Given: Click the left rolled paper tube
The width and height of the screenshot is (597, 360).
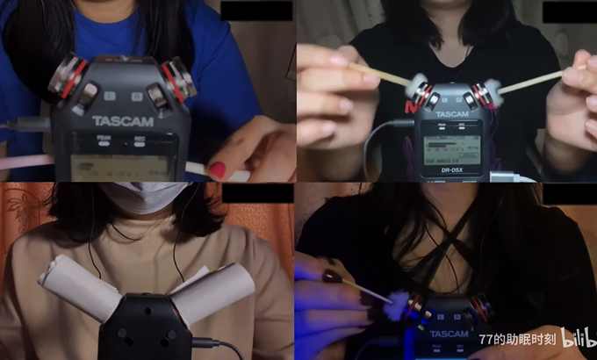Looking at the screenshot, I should [x=79, y=287].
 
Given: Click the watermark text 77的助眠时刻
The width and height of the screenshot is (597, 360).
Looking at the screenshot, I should [x=518, y=339].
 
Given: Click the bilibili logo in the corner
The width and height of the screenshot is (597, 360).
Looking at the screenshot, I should [x=578, y=338].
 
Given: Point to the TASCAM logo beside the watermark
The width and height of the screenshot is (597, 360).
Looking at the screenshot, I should [x=449, y=334].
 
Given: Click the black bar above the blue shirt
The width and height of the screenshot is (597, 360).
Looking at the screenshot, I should [x=256, y=11].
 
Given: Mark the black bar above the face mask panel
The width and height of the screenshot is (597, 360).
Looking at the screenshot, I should [x=256, y=192].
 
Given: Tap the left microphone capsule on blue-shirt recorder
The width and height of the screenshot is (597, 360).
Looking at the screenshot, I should [x=68, y=77].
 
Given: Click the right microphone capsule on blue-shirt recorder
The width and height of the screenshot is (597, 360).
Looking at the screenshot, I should [x=178, y=76].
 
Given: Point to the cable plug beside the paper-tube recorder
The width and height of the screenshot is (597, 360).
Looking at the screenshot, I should [x=207, y=342].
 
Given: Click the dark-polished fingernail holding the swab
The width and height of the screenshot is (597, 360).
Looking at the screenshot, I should [x=332, y=276].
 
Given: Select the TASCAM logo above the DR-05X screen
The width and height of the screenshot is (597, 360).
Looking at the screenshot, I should [x=451, y=114].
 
